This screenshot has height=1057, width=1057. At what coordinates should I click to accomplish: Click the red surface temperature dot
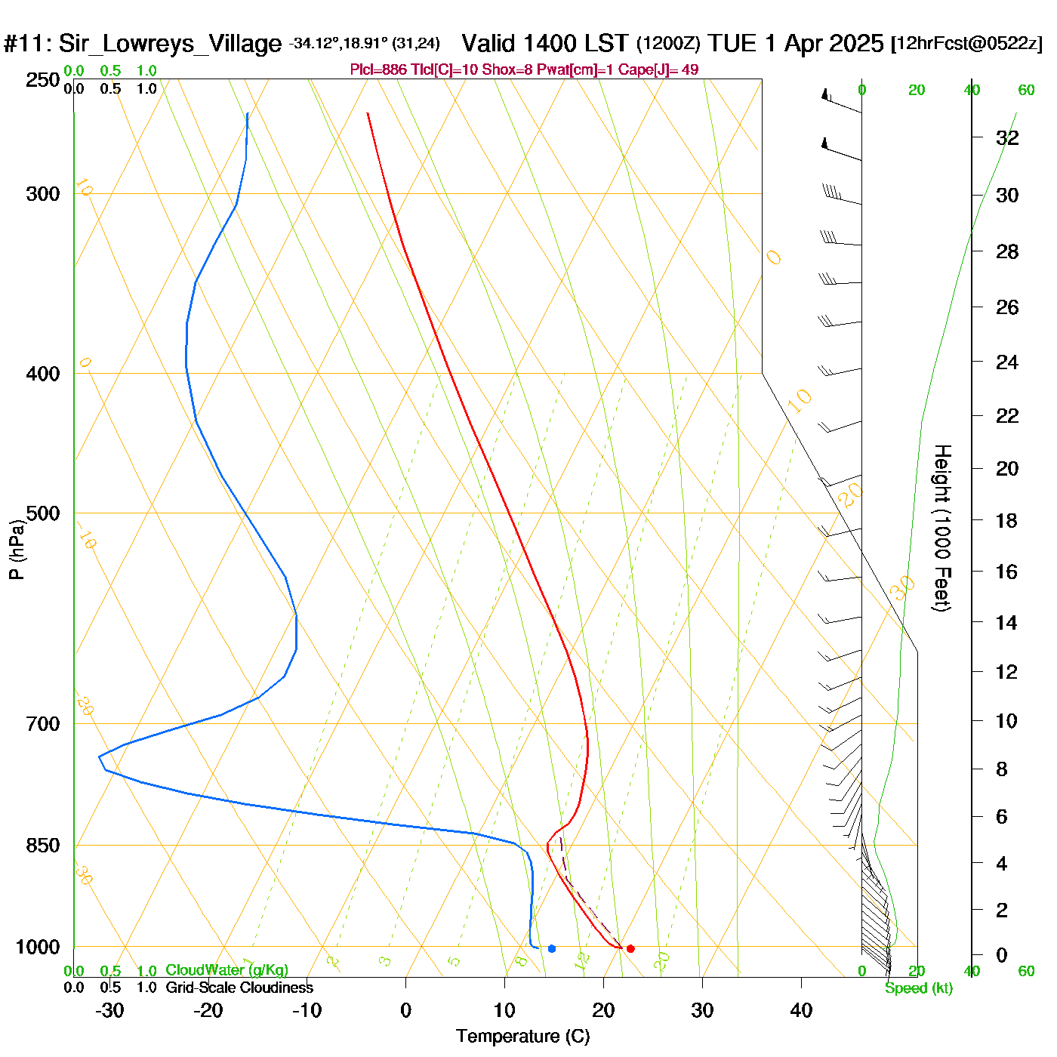630,948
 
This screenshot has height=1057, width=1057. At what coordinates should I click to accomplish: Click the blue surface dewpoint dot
552,948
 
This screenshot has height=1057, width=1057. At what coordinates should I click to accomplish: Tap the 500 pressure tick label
43,513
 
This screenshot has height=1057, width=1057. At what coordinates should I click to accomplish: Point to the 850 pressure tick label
43,846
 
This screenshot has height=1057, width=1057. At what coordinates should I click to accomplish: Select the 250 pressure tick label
43,80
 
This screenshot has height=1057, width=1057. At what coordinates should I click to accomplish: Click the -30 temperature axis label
109,1010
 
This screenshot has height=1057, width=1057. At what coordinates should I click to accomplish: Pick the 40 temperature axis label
801,1010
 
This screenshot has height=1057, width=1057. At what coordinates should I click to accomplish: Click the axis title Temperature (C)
522,1036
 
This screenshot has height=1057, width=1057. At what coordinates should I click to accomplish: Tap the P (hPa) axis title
17,549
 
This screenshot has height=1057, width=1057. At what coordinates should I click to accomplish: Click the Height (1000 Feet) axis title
941,528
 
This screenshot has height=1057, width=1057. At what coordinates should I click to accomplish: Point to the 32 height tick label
1007,137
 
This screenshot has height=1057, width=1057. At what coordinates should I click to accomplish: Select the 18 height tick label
1006,520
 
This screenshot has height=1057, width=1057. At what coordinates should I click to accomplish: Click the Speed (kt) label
919,988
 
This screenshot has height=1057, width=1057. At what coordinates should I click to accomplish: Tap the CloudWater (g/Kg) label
226,970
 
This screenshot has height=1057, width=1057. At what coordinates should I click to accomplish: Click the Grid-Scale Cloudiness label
239,988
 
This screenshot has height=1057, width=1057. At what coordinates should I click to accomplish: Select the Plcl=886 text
378,70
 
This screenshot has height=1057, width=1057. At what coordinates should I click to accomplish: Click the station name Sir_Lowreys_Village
170,44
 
